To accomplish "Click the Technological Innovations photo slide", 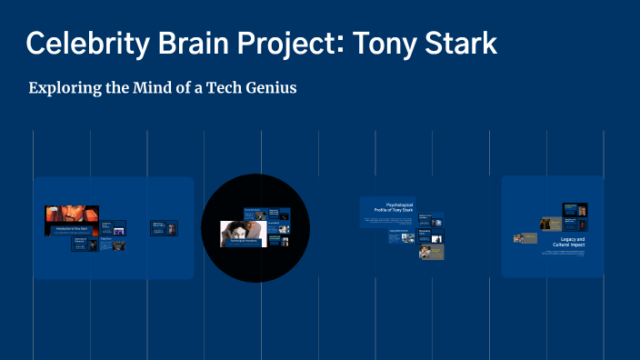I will pos(243,234).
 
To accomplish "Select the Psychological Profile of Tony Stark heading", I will pos(387,209).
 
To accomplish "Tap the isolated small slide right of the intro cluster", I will pos(164,228).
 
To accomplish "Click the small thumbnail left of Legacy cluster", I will pos(525,238).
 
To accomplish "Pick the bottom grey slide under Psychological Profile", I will pos(431,253).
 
